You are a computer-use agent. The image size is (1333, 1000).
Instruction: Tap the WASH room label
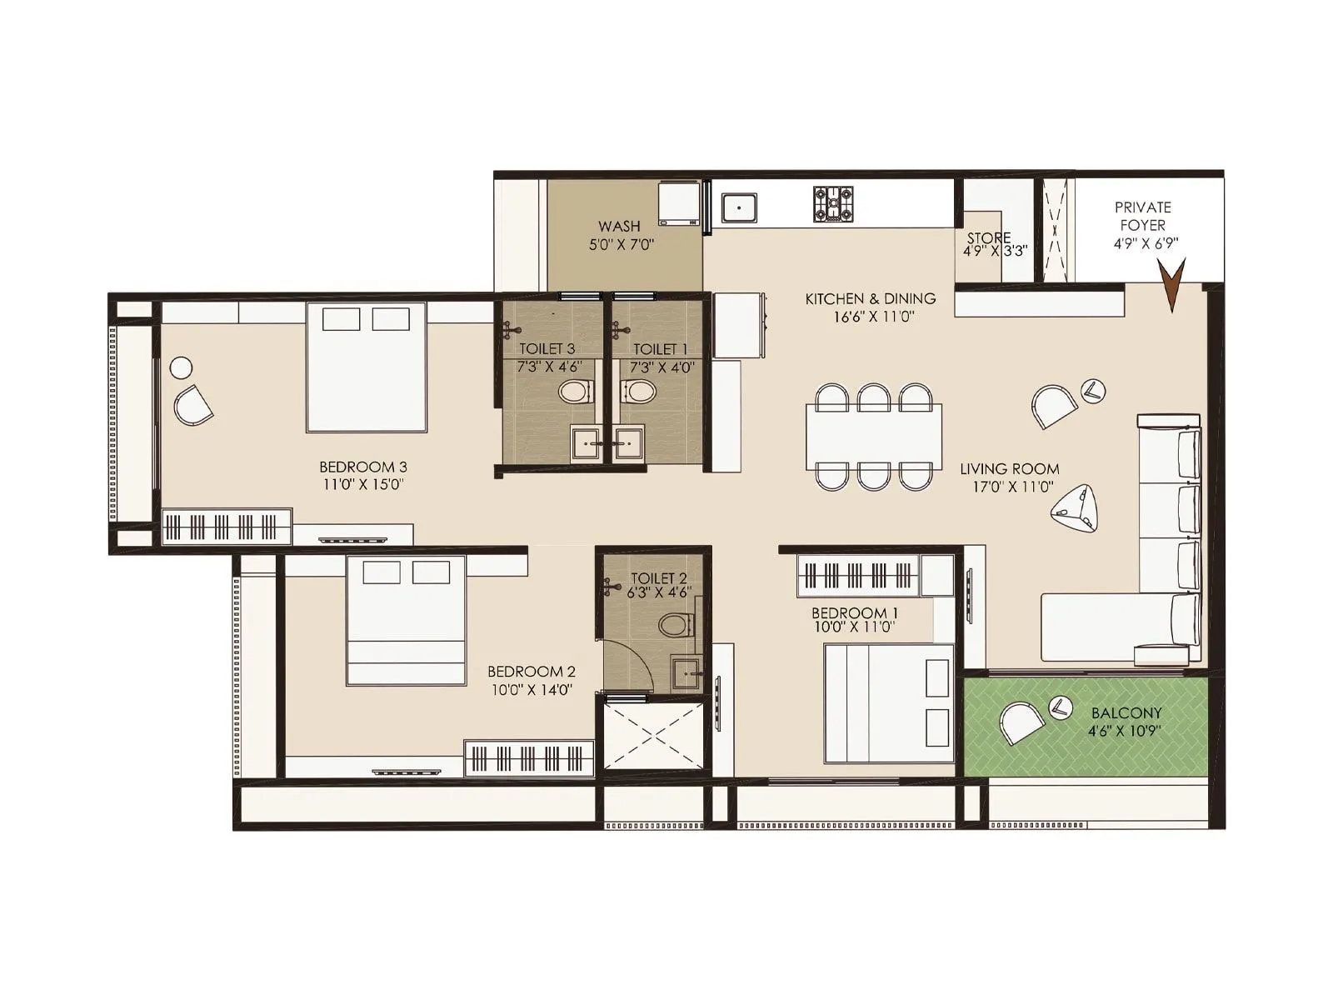(619, 226)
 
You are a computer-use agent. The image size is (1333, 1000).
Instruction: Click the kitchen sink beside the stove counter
(738, 207)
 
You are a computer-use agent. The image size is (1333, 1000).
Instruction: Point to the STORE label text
(989, 237)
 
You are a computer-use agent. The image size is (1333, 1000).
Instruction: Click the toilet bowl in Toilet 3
(574, 391)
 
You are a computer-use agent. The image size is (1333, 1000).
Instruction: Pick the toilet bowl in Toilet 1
(639, 391)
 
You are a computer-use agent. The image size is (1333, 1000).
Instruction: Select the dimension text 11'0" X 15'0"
(362, 484)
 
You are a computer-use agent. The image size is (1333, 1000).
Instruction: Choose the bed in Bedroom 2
(406, 621)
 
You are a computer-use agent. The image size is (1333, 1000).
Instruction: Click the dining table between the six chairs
(874, 437)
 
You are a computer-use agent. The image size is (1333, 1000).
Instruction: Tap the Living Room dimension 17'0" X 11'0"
(1009, 487)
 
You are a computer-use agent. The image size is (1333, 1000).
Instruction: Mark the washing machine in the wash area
(680, 203)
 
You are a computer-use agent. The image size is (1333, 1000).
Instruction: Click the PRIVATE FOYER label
(1142, 216)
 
